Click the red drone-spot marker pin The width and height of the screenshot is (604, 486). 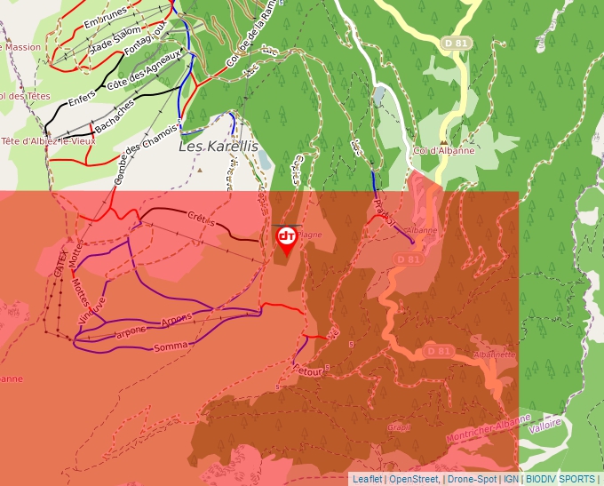(x=286, y=238)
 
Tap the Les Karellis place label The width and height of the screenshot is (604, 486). (x=219, y=146)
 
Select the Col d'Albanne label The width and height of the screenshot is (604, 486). (x=443, y=150)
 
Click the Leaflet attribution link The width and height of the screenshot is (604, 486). (x=367, y=479)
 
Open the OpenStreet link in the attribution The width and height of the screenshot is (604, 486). (x=413, y=479)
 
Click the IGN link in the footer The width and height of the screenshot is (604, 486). (x=512, y=479)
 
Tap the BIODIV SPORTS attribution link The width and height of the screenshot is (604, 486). (x=560, y=479)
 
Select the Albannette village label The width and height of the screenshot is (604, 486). (x=495, y=354)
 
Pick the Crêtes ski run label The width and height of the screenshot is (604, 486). (x=203, y=216)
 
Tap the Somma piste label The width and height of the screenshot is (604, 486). (x=171, y=345)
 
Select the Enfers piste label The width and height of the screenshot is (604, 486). (x=83, y=99)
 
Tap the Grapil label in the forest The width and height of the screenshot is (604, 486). (x=399, y=427)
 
